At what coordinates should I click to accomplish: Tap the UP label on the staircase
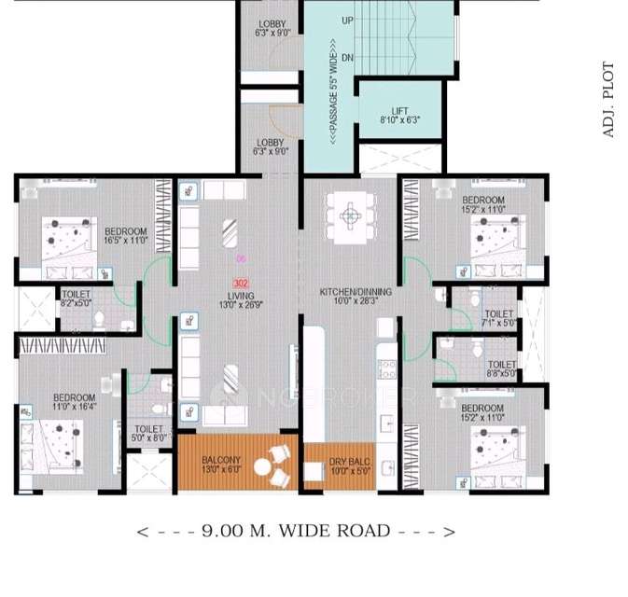(x=347, y=20)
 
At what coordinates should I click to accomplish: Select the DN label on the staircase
(x=347, y=58)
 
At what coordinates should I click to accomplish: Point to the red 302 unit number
(x=241, y=283)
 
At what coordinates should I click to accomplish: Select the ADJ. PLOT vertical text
(x=608, y=101)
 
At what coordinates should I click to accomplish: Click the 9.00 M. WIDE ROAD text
(x=296, y=532)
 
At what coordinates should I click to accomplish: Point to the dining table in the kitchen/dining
(x=350, y=215)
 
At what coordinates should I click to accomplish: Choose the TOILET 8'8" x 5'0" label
(x=501, y=369)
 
